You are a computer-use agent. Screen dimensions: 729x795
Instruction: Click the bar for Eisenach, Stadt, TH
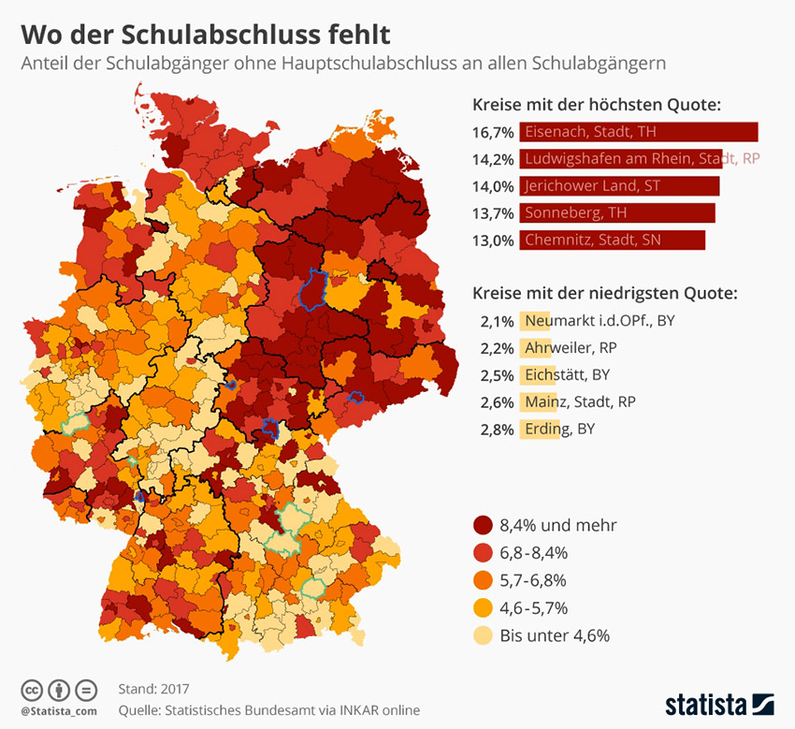click(x=639, y=132)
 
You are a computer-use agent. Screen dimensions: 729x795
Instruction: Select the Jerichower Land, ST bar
click(x=619, y=185)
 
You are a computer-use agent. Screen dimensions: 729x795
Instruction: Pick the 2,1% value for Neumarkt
click(x=497, y=321)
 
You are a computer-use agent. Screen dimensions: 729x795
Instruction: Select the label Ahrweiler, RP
click(x=571, y=348)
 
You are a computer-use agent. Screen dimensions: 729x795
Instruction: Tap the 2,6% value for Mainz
click(x=497, y=402)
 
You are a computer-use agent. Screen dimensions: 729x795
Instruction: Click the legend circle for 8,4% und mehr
click(x=484, y=525)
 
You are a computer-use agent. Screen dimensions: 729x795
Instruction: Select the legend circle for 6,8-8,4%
click(x=484, y=552)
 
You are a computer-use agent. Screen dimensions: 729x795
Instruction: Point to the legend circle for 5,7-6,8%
click(x=484, y=580)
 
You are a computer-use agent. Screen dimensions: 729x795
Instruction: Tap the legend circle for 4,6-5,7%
click(x=484, y=607)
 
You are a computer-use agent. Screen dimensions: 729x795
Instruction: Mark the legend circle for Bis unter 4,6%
click(x=484, y=635)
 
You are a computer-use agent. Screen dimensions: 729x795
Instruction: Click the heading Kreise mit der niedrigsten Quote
click(x=604, y=293)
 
